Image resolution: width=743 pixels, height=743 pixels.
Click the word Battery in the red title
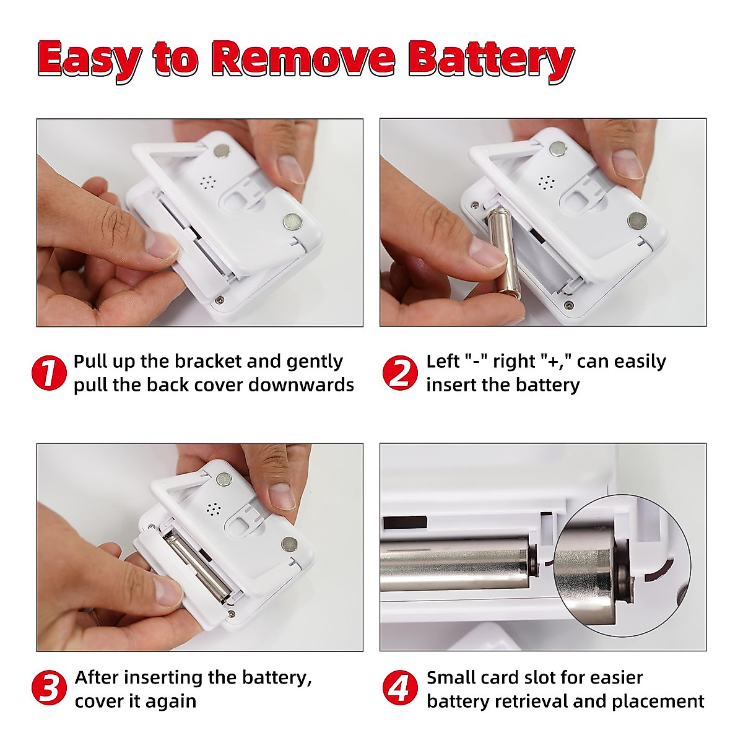pos(490,59)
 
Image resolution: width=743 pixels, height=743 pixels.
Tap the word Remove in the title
pos(303,59)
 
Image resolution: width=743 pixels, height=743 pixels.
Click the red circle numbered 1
pos(49,373)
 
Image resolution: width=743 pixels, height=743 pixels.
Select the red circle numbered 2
pos(400,373)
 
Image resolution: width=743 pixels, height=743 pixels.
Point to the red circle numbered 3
pos(49,689)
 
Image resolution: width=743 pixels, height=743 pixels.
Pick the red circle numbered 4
pos(400,689)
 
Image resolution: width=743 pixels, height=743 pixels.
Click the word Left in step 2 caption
pos(442,362)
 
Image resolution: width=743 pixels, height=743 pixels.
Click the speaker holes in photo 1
pos(207,182)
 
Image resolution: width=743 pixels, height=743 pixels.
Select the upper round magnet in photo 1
pos(221,150)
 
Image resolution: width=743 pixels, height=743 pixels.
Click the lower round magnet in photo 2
pos(636,219)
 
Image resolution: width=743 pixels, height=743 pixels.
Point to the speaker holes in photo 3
pos(214,509)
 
